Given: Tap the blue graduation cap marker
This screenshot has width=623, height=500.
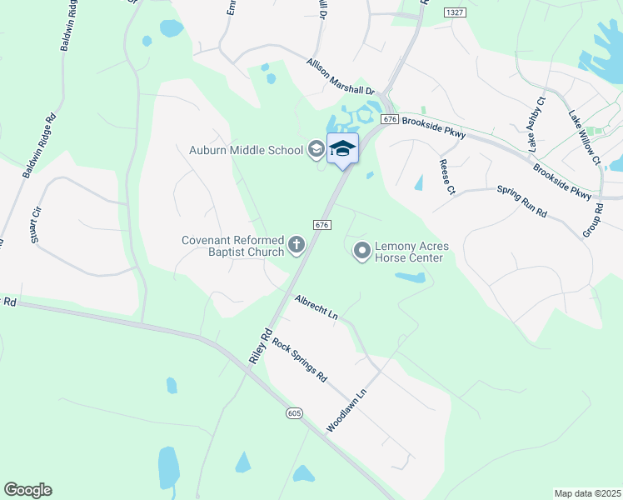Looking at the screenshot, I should [342, 148].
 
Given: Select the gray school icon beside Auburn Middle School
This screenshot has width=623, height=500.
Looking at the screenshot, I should [316, 150].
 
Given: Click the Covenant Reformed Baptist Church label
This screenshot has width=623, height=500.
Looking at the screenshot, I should [233, 247].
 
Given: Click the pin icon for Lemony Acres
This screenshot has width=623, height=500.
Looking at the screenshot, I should [362, 250].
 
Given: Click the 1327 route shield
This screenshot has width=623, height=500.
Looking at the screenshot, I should [454, 12].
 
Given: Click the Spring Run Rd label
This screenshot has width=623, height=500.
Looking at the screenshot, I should [521, 202].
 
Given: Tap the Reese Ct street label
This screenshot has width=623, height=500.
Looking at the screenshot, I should [447, 177].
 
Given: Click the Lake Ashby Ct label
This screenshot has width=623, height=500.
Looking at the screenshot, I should [536, 124].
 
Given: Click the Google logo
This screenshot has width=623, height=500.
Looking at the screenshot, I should [27, 490].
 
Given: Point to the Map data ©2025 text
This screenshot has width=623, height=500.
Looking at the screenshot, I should [587, 493].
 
